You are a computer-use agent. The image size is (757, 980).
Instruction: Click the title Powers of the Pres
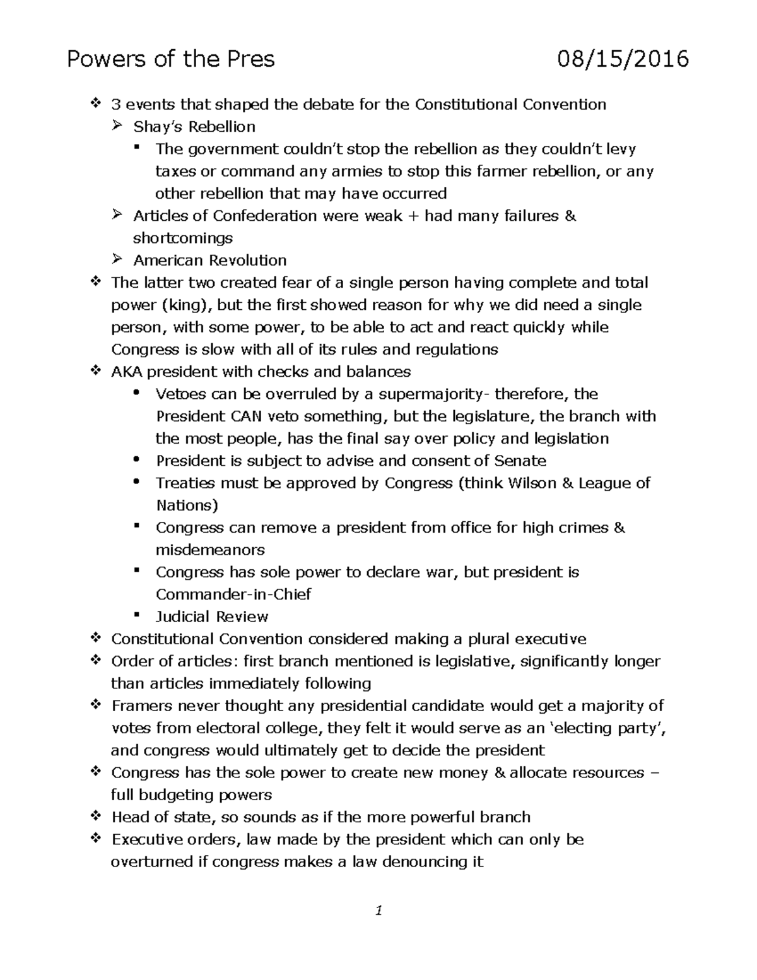tap(171, 59)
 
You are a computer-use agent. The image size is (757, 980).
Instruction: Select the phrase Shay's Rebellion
tap(194, 127)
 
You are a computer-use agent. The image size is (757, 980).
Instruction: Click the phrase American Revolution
tap(209, 261)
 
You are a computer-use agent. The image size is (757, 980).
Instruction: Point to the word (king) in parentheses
tap(183, 305)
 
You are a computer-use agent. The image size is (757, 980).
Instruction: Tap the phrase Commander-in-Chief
tap(233, 594)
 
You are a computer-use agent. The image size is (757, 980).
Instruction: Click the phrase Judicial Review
tap(212, 617)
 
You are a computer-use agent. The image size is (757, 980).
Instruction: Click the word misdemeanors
tap(210, 550)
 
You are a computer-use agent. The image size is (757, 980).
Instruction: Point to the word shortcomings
tap(182, 239)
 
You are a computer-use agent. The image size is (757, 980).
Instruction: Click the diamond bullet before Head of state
tap(96, 817)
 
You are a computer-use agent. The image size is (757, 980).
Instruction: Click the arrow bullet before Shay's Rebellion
tap(117, 126)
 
